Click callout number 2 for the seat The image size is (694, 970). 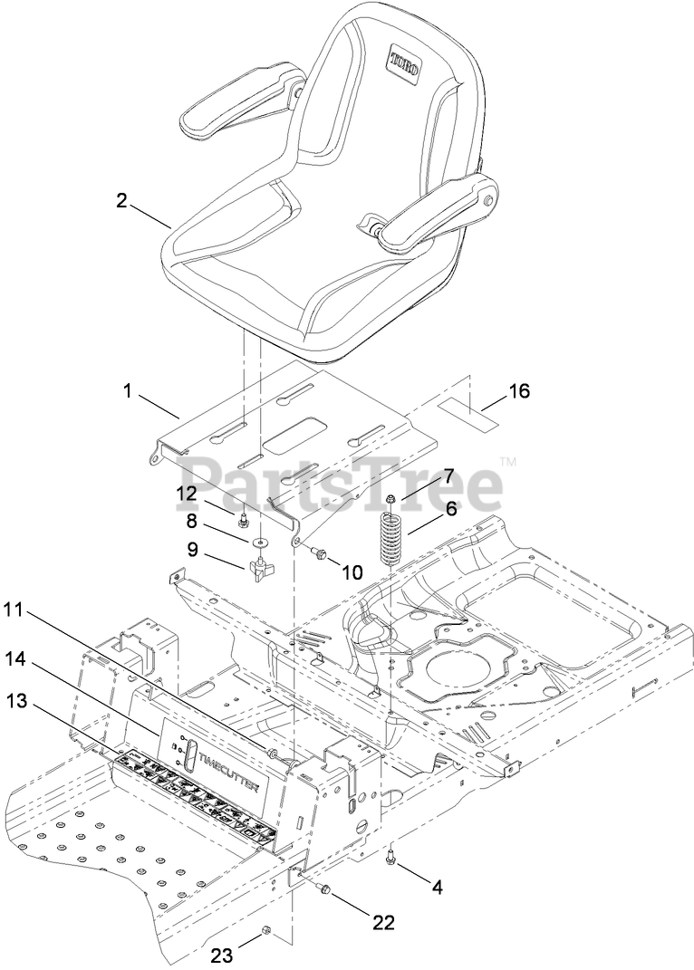121,200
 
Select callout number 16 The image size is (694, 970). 519,391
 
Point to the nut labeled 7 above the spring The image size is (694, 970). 389,500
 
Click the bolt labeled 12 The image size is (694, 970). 243,522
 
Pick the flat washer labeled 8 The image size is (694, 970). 259,542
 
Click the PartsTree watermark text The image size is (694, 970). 340,483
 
